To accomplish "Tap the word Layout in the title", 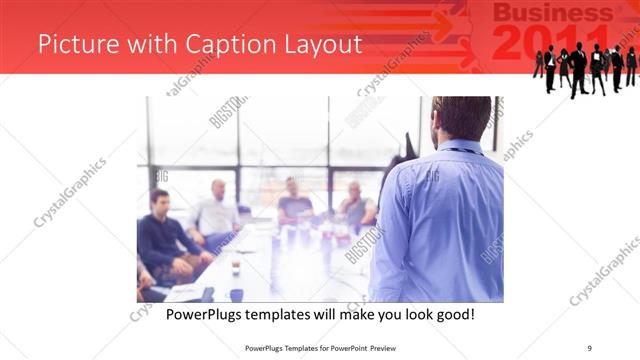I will tap(318, 45).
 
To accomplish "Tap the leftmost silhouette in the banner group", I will tap(538, 65).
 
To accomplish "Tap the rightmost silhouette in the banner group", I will tap(631, 65).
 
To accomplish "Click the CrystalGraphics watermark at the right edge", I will tap(605, 270).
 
